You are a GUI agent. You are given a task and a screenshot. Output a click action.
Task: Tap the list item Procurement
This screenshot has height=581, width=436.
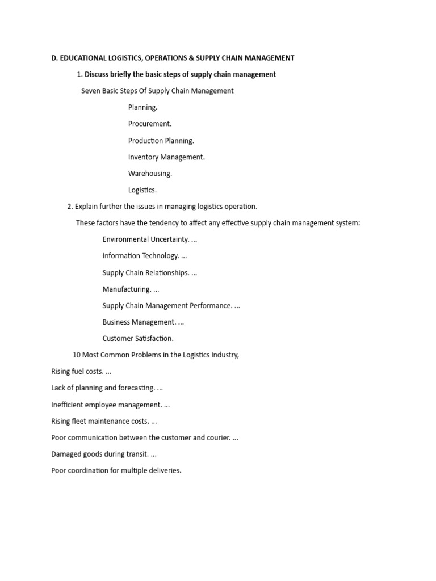pyautogui.click(x=150, y=124)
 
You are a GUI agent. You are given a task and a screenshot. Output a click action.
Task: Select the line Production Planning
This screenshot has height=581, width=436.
pyautogui.click(x=161, y=141)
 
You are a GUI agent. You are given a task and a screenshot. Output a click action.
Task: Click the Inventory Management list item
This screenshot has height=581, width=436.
pyautogui.click(x=166, y=157)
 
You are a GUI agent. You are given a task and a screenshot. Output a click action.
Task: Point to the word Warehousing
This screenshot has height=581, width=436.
pyautogui.click(x=150, y=174)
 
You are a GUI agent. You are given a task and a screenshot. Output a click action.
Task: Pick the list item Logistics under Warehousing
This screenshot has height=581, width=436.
pyautogui.click(x=142, y=190)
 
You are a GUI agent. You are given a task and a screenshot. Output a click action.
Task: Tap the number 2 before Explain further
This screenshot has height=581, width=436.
pyautogui.click(x=69, y=207)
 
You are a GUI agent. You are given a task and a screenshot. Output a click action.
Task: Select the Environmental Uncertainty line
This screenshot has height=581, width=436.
pyautogui.click(x=150, y=239)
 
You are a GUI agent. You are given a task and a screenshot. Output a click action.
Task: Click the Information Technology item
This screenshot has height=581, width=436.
pyautogui.click(x=144, y=256)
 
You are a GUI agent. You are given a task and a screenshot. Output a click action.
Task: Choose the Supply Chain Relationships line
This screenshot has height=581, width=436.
pyautogui.click(x=149, y=273)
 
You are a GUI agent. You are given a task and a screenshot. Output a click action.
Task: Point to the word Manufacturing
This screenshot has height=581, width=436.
pyautogui.click(x=127, y=289)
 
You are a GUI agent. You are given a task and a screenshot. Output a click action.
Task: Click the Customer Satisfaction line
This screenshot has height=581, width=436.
pyautogui.click(x=138, y=339)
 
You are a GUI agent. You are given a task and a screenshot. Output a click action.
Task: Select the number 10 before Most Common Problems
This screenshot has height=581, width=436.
pyautogui.click(x=77, y=355)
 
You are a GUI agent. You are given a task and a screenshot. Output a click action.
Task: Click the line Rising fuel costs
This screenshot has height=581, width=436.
pyautogui.click(x=81, y=372)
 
